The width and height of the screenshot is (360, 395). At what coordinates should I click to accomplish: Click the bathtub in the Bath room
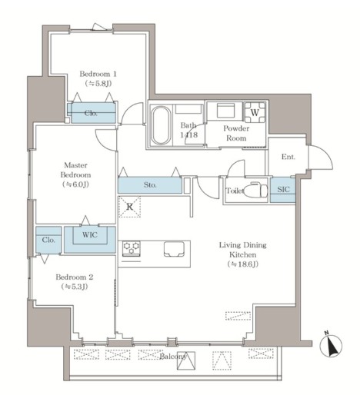[161, 125]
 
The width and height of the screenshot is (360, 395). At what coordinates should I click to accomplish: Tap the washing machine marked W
[255, 112]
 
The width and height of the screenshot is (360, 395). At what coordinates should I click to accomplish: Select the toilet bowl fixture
[255, 191]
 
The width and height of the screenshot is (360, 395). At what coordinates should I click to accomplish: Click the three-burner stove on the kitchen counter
[131, 248]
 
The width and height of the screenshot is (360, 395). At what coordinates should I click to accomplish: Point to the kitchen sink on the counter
[175, 248]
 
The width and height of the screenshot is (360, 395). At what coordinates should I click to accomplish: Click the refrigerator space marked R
[129, 207]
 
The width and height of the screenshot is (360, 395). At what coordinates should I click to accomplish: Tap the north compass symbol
[331, 344]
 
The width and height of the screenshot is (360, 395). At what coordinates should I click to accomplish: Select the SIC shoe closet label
[283, 189]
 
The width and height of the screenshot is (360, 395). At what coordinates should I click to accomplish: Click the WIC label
[90, 234]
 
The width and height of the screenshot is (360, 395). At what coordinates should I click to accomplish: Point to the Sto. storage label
[150, 184]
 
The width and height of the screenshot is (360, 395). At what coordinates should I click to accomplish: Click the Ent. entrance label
[288, 157]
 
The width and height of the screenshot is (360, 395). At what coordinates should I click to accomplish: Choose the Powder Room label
[236, 133]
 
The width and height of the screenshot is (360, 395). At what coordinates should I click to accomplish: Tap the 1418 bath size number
[189, 134]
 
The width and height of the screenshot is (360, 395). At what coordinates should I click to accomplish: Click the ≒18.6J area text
[242, 264]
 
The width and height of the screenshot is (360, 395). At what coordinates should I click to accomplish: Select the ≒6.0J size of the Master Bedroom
[75, 184]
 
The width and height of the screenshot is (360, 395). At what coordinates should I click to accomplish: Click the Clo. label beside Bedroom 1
[91, 113]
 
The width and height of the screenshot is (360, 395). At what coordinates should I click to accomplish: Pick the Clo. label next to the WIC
[48, 240]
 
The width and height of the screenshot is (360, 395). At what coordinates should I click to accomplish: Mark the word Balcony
[173, 357]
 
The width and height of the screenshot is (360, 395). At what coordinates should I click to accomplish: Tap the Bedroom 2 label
[75, 277]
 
